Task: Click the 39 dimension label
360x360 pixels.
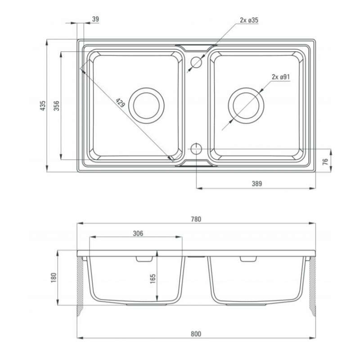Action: [95, 19]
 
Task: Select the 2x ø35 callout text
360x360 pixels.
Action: [249, 20]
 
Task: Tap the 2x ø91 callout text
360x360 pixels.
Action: [280, 76]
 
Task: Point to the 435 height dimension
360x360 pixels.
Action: [43, 106]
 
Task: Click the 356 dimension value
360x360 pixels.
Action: [57, 106]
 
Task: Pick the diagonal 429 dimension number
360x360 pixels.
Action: [120, 103]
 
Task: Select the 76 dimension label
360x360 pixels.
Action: [325, 162]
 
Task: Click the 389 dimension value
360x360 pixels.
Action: [256, 184]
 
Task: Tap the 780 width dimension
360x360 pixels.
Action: [196, 219]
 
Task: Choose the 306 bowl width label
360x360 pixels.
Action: [138, 233]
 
